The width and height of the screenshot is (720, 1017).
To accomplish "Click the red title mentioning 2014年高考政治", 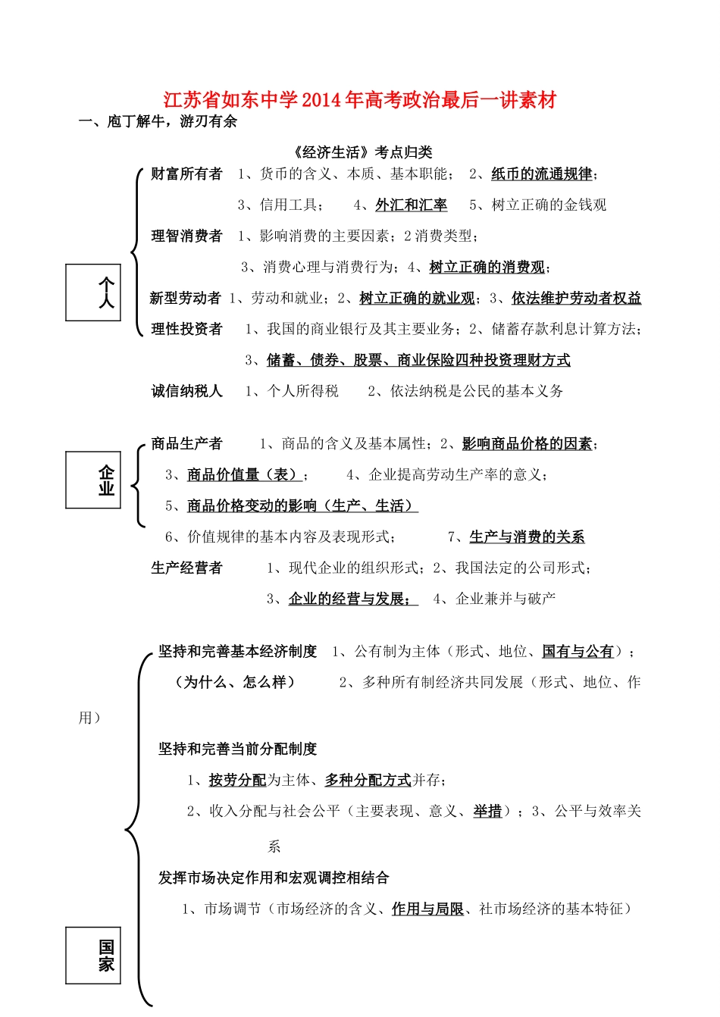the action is (360, 100).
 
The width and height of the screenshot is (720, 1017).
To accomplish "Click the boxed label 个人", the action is (93, 293).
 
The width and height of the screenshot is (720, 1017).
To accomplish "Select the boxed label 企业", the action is (93, 480).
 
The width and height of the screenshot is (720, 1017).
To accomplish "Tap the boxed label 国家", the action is (93, 955).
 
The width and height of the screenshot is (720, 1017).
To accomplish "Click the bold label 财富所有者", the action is (186, 174).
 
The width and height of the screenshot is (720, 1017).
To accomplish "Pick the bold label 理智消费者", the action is (186, 236).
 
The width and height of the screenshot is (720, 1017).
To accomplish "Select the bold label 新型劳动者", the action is (186, 299).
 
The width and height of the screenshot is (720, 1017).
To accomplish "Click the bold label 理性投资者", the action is (186, 329).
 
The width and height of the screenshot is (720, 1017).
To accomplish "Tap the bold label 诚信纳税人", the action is (186, 391).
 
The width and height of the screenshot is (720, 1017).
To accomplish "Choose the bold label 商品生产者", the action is (186, 444).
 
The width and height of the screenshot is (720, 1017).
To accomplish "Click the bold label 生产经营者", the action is (186, 568).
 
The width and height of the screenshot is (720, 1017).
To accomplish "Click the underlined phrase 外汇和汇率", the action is (411, 205).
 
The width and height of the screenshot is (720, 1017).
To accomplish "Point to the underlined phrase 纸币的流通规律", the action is (541, 174).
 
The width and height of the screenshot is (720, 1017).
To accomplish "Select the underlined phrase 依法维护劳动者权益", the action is (576, 299).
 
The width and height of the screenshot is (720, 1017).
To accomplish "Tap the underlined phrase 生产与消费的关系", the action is (527, 537).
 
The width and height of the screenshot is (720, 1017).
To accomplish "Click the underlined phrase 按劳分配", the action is (237, 780).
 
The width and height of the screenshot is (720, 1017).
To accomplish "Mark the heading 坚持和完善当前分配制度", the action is (237, 749).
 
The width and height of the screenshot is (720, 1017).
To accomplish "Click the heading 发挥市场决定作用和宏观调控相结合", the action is (274, 878).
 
